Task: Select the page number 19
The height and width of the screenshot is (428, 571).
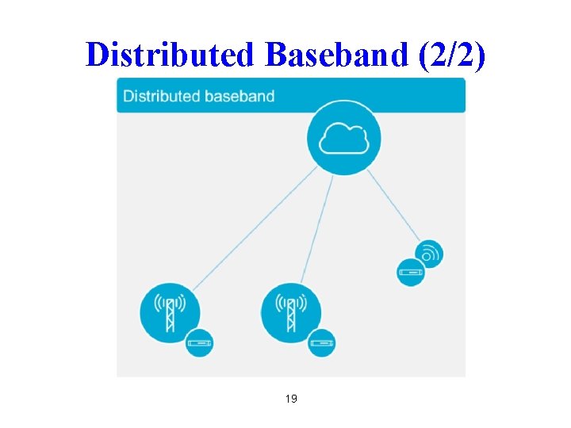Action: pyautogui.click(x=291, y=399)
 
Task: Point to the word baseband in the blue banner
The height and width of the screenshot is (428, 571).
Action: pyautogui.click(x=239, y=97)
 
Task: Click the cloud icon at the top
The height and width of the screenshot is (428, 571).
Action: pyautogui.click(x=343, y=139)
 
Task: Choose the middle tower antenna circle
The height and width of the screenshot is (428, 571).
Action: pyautogui.click(x=291, y=312)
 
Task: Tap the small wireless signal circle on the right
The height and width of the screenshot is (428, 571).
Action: pyautogui.click(x=429, y=254)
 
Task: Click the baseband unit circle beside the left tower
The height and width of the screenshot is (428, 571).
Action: pyautogui.click(x=199, y=342)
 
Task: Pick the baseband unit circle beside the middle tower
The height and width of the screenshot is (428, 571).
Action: pyautogui.click(x=321, y=342)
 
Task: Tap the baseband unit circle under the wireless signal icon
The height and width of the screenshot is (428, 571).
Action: pyautogui.click(x=411, y=273)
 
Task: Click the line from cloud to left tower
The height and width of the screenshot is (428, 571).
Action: pyautogui.click(x=254, y=231)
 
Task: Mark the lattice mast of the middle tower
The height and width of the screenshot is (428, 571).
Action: pyautogui.click(x=291, y=318)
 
